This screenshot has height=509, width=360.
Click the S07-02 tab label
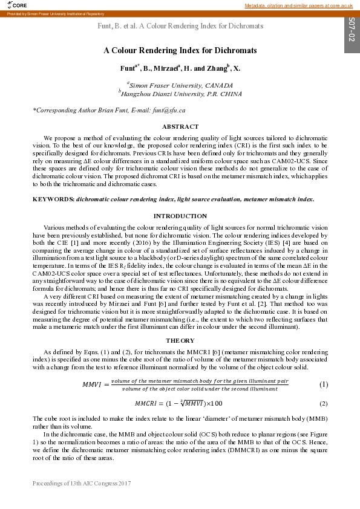(352, 30)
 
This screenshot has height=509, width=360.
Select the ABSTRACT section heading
(180, 127)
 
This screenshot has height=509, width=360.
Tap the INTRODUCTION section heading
(180, 216)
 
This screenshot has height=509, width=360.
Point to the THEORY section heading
(180, 340)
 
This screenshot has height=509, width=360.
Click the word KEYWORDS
(53, 199)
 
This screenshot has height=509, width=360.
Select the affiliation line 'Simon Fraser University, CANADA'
(181, 86)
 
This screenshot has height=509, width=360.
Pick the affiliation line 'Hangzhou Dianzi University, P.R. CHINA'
(181, 94)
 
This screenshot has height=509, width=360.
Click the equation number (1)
(324, 384)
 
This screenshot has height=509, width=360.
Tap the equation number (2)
(324, 403)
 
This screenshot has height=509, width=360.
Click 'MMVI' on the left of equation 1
(94, 384)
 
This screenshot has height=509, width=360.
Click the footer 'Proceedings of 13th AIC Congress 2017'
(82, 484)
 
